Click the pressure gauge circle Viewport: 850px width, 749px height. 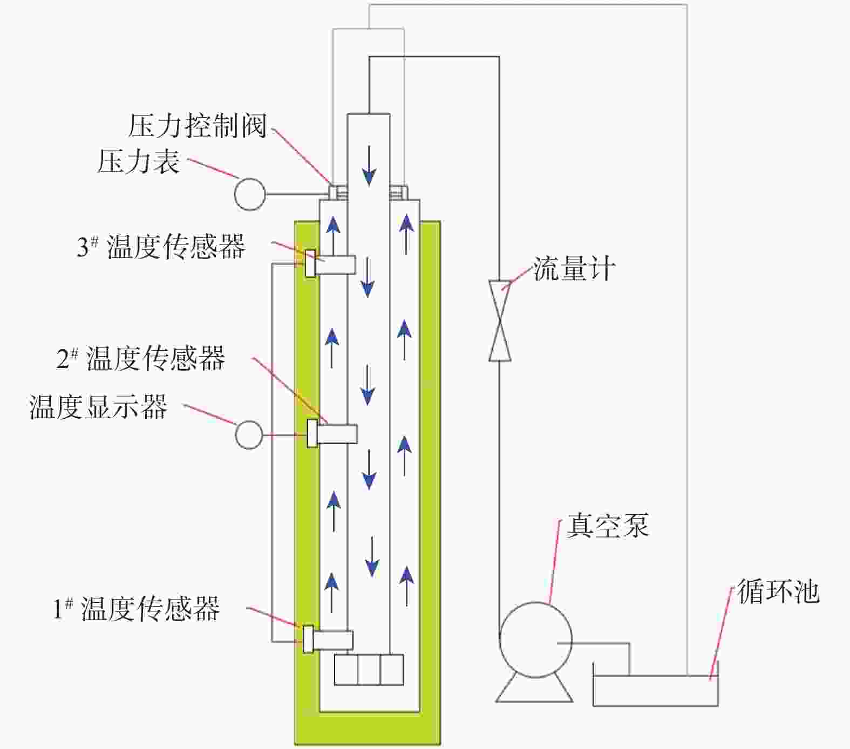pos(250,194)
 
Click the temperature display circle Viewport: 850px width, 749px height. pos(249,434)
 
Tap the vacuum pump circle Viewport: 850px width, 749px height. pos(535,639)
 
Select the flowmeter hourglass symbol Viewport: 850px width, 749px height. pos(500,320)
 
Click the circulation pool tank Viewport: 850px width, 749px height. pos(655,691)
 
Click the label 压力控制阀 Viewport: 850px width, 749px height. pos(198,126)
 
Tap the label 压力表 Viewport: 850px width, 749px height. pos(138,161)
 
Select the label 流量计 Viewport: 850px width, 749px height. pos(574,268)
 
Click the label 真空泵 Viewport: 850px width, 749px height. pos(608,525)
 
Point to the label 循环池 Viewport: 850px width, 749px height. pos(778,591)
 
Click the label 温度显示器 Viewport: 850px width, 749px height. pos(98,407)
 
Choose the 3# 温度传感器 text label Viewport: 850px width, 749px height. pos(161,247)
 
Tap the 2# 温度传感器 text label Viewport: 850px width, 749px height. pos(141,358)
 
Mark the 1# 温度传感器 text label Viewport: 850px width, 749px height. pos(137,608)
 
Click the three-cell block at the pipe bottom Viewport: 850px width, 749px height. pos(369,670)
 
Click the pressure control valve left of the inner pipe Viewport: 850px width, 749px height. pos(338,192)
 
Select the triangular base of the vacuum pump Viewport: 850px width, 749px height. pos(534,690)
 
